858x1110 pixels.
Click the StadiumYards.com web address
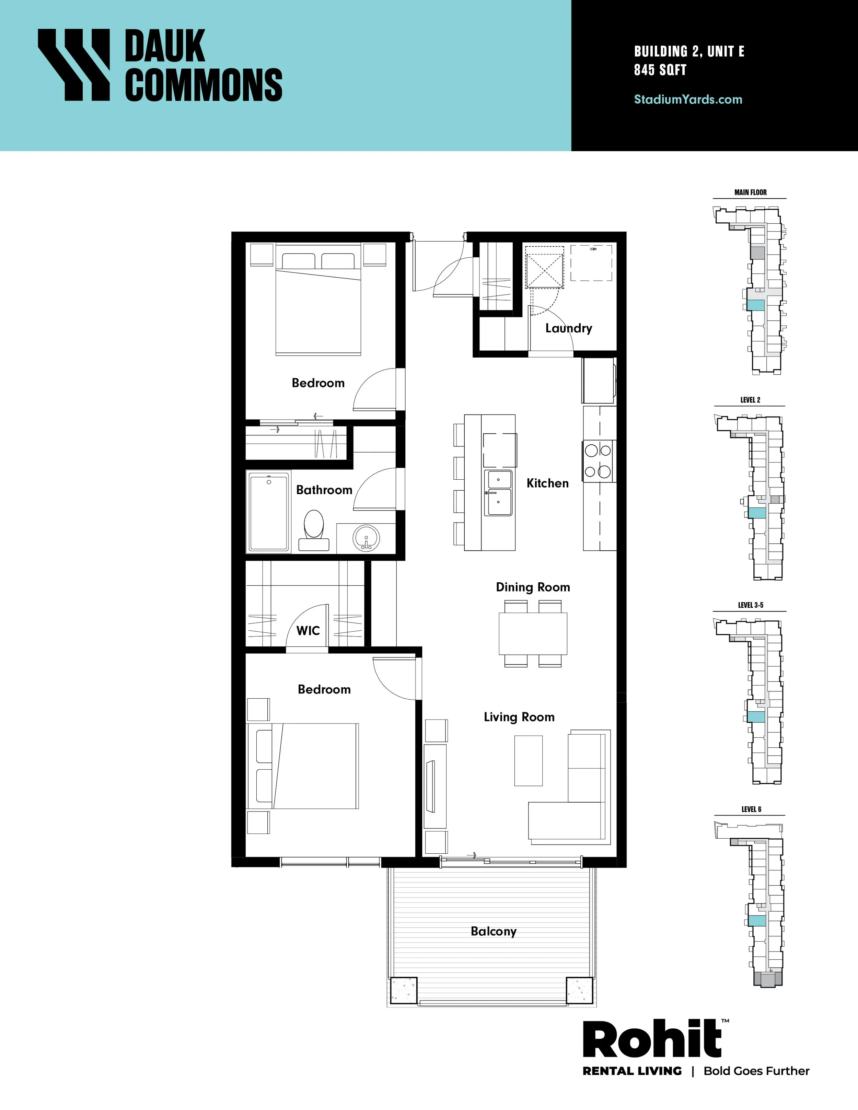(x=688, y=100)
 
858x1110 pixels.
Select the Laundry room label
(x=569, y=328)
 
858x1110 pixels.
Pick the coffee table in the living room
(x=529, y=760)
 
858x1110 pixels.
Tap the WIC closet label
(x=308, y=631)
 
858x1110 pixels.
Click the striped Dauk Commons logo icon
(x=74, y=65)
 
